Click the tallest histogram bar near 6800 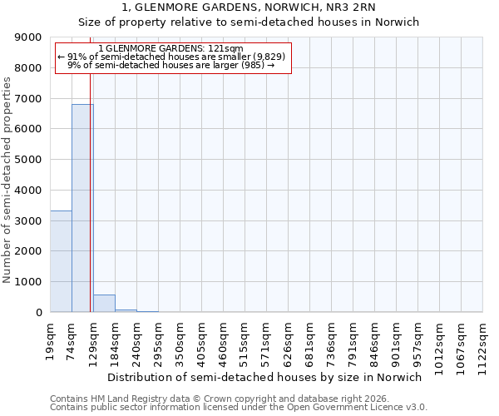[82, 208]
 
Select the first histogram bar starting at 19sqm [61, 261]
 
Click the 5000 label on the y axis [29, 160]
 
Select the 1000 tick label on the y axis [29, 282]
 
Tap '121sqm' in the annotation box [226, 48]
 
